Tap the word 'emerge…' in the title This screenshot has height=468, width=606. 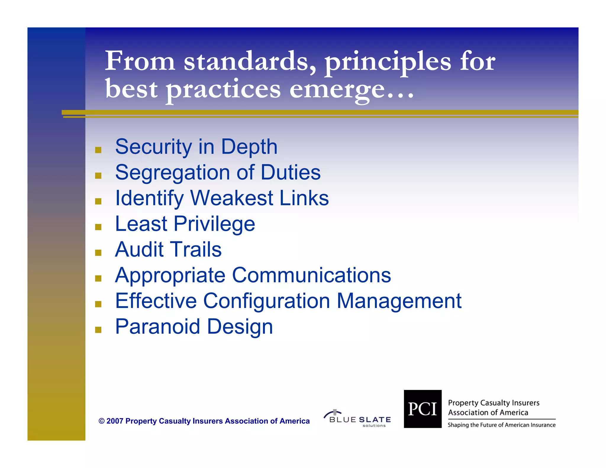coord(351,89)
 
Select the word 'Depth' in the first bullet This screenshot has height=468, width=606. coord(249,147)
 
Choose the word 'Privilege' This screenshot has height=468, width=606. coord(214,224)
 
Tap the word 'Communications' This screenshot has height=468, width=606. coord(312,275)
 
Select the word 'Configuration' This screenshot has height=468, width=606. coord(266,301)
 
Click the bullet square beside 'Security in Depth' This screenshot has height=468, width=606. coord(98,150)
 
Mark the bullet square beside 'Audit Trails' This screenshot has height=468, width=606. coord(98,253)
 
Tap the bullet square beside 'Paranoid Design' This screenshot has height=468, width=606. coord(98,330)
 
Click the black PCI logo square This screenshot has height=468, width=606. coord(423,409)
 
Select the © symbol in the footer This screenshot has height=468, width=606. coord(101,421)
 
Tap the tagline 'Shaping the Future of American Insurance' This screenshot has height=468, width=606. coord(502,425)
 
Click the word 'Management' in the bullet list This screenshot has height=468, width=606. coord(399,301)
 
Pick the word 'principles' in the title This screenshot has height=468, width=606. coord(388,61)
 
